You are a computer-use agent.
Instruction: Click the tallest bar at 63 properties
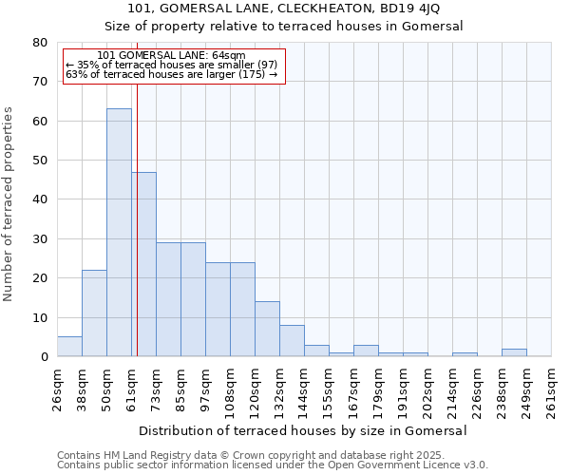coord(119,233)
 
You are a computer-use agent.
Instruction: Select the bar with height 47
coord(143,264)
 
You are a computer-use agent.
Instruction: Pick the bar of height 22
coord(94,313)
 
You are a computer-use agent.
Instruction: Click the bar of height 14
coord(267,329)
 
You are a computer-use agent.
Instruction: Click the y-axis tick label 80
coord(41,43)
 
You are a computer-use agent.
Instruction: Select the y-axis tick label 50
coord(41,161)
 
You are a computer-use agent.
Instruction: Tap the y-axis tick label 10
coord(41,317)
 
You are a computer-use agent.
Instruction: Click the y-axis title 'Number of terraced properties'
coord(9,203)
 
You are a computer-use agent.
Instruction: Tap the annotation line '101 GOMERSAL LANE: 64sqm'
coord(171,56)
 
